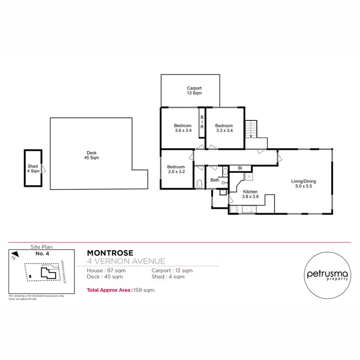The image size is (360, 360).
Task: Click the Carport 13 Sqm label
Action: pos(194,91)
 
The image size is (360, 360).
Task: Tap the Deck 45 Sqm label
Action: pos(91,155)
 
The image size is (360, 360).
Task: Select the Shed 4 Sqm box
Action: pos(33,168)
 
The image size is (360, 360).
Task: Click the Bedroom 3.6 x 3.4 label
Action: pos(183,128)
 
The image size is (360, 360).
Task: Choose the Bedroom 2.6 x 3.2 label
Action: pos(177,169)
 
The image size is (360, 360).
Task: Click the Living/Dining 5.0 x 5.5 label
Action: pos(303,184)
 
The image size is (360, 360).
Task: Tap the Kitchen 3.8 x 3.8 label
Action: pos(240,194)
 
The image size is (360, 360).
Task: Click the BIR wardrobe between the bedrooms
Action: pos(202,122)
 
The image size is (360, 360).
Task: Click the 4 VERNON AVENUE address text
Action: pos(126,262)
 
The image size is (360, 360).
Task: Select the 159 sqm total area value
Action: pos(145,290)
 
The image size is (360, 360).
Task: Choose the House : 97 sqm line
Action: pos(106,271)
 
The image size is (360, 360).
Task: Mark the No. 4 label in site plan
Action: pos(42,253)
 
